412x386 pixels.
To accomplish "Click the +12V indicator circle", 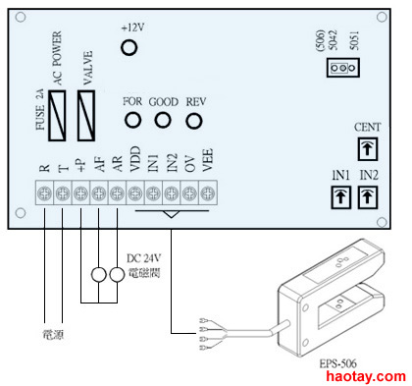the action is (129, 47).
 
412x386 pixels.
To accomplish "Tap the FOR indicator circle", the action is (132, 120).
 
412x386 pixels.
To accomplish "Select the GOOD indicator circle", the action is (163, 120).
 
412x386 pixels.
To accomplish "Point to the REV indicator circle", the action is (194, 121).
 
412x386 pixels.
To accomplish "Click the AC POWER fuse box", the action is (57, 116).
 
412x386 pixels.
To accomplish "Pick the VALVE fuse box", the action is (86, 116).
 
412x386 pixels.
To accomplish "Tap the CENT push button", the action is (368, 149).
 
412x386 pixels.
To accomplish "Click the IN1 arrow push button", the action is (341, 197).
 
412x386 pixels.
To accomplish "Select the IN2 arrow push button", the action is (368, 197).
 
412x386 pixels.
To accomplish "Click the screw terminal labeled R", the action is (44, 193).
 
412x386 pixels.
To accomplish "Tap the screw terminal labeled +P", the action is (80, 193).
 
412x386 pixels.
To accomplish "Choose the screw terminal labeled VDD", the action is (135, 193).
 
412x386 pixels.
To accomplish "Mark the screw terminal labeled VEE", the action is (207, 193).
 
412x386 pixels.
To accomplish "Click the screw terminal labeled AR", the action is (117, 193).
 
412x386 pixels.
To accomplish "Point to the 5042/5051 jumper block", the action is (343, 68).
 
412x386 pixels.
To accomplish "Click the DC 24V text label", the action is (144, 258).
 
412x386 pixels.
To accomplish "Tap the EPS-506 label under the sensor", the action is (337, 363).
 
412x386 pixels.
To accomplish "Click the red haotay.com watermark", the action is (366, 376).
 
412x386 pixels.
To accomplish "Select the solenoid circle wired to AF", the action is (98, 275).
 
